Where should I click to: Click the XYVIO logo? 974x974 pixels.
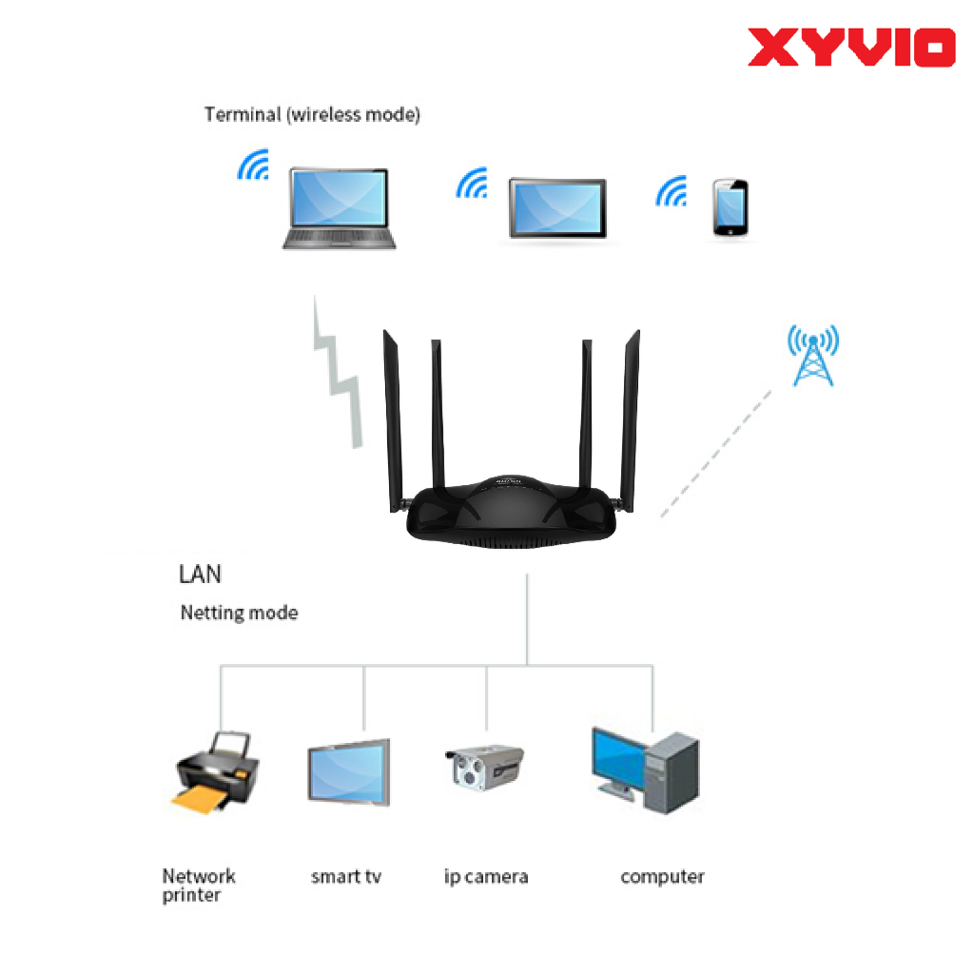tap(850, 48)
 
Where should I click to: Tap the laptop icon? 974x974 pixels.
tap(340, 209)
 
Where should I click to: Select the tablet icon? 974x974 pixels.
tap(557, 208)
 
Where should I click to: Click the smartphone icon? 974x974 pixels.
tap(730, 207)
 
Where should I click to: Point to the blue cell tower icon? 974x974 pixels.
tap(813, 355)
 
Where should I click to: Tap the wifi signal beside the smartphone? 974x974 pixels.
tap(672, 191)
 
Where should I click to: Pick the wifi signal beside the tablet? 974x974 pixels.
tap(473, 184)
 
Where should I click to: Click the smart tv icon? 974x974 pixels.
tap(348, 773)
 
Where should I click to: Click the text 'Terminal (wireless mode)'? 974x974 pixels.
tap(312, 115)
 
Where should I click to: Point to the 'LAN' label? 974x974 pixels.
tap(200, 575)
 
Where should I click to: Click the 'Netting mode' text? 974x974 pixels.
tap(239, 614)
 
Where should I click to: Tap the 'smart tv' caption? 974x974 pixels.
tap(346, 876)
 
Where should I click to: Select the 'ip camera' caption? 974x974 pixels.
tap(486, 876)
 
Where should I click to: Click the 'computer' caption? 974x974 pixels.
tap(662, 876)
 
